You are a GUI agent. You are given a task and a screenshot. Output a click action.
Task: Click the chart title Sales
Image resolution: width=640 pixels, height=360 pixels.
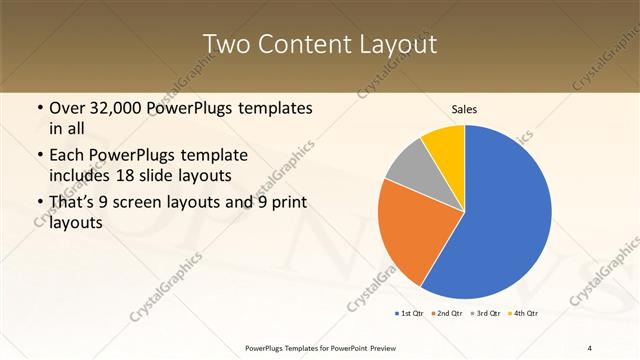(x=464, y=108)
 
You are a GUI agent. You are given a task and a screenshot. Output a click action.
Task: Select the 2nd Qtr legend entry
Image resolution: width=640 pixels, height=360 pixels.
(x=447, y=314)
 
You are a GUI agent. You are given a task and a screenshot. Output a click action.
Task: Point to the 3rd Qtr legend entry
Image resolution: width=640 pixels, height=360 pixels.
(x=487, y=314)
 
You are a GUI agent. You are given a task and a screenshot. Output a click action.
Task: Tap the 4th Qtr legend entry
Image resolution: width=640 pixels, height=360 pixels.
(x=526, y=314)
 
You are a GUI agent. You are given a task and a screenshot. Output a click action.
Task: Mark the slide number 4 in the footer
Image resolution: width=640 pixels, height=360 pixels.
(x=590, y=347)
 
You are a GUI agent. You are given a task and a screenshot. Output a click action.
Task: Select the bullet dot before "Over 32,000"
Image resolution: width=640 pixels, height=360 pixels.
(x=39, y=108)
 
